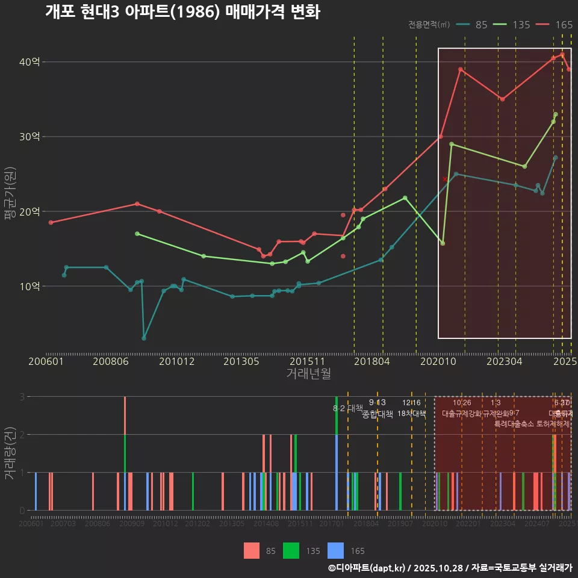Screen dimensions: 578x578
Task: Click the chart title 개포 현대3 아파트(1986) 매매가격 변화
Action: pyautogui.click(x=182, y=12)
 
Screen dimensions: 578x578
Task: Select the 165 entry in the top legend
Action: pyautogui.click(x=564, y=25)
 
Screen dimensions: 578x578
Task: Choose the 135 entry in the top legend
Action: pyautogui.click(x=521, y=25)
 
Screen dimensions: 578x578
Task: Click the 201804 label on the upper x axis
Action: pyautogui.click(x=372, y=361)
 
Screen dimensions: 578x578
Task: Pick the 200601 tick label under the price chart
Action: pyautogui.click(x=46, y=361)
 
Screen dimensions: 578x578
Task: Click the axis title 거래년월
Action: pyautogui.click(x=308, y=374)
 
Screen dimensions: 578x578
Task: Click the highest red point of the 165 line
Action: pyautogui.click(x=562, y=54)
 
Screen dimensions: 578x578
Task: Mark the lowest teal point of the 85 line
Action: pyautogui.click(x=144, y=338)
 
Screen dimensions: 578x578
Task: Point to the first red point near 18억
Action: pyautogui.click(x=51, y=223)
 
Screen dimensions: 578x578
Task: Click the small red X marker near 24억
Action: pyautogui.click(x=445, y=179)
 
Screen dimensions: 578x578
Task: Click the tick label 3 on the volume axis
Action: pyautogui.click(x=22, y=397)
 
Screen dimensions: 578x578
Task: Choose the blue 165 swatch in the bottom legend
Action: pyautogui.click(x=335, y=551)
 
